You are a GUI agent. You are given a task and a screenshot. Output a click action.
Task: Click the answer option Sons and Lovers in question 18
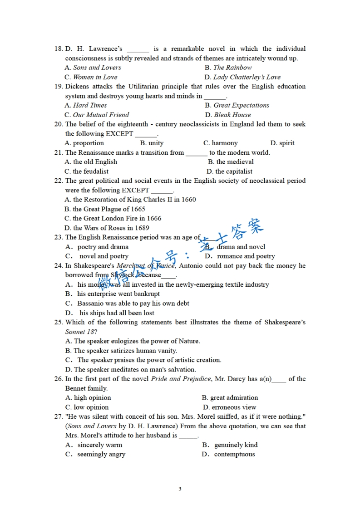pos(97,68)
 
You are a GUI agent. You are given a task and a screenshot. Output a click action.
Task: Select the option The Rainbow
pos(232,68)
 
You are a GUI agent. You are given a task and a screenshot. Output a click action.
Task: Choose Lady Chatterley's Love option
pos(247,77)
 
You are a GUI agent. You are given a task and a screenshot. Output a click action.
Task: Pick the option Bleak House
pos(232,115)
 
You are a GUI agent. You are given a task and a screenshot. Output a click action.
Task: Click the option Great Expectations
pos(241,105)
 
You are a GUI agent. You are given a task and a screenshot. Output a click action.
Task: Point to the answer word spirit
pos(286,143)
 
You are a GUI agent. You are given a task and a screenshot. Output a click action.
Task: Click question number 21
pos(58,152)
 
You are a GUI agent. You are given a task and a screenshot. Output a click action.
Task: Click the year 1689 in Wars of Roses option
pos(142,228)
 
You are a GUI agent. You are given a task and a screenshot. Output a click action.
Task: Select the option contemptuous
pos(234,455)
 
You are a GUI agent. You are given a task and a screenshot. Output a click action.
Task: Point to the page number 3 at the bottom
pos(180,489)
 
